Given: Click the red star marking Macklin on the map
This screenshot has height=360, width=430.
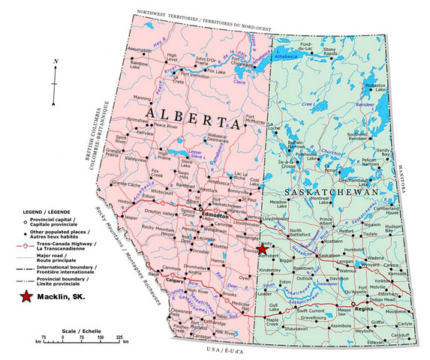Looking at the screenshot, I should point(263,249).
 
